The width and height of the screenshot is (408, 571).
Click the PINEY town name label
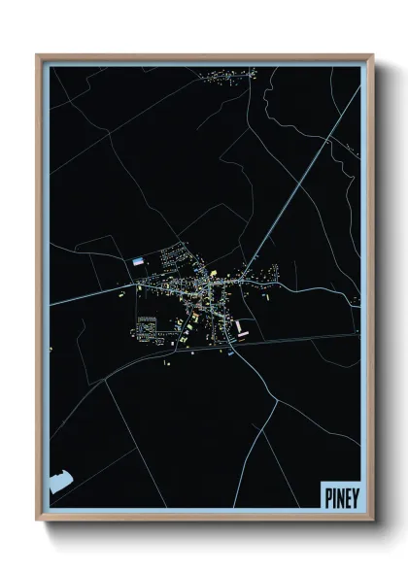[340, 494]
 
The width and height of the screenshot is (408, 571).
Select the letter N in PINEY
[339, 494]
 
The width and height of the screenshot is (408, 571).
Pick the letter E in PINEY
[347, 494]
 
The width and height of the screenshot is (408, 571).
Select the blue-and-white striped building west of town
[140, 260]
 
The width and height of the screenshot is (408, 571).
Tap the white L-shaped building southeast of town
[241, 330]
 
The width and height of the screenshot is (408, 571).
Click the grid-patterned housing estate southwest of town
[147, 327]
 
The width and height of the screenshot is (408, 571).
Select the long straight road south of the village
[291, 339]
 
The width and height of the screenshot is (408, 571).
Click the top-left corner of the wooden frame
[38, 55]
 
